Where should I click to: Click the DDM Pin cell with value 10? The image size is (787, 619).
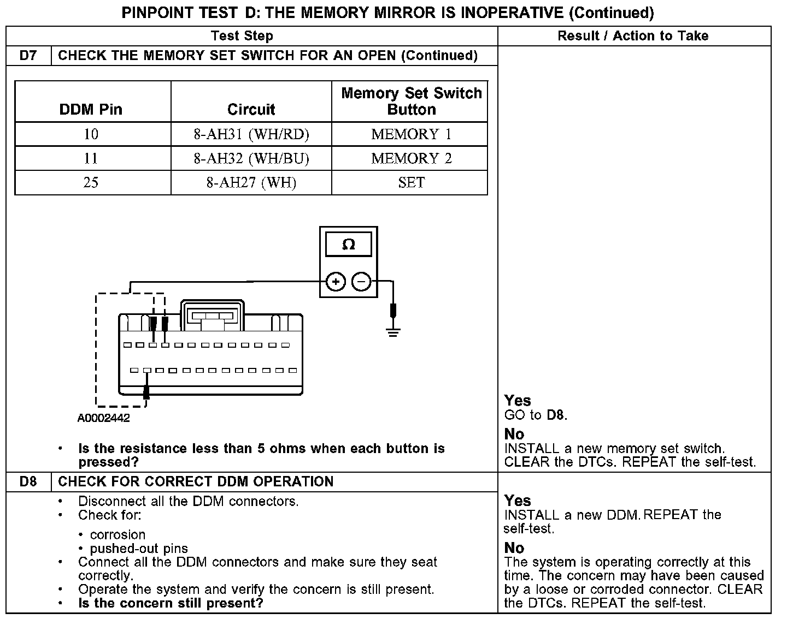click(91, 134)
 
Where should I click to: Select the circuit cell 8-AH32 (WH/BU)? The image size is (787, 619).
click(251, 158)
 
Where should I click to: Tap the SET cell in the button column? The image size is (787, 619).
click(411, 182)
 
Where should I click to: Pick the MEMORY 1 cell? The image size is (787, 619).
click(411, 134)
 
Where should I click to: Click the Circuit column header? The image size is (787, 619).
click(251, 109)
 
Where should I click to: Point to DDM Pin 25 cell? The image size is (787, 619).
click(91, 182)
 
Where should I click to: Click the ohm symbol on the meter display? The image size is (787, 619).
click(348, 245)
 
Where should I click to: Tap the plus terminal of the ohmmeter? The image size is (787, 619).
click(336, 282)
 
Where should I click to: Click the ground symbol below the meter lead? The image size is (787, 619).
click(392, 331)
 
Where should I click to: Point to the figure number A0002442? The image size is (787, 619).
click(104, 419)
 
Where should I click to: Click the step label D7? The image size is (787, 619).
click(28, 56)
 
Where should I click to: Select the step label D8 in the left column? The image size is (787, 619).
click(28, 482)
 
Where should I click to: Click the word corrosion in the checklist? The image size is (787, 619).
click(118, 535)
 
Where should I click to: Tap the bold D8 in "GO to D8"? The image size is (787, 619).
click(555, 415)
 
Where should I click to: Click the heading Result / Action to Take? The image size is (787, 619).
click(633, 36)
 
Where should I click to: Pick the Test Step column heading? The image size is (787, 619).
click(242, 36)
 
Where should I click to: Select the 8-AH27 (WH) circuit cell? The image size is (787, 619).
click(251, 182)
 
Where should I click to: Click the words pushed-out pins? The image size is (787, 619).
click(139, 549)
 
